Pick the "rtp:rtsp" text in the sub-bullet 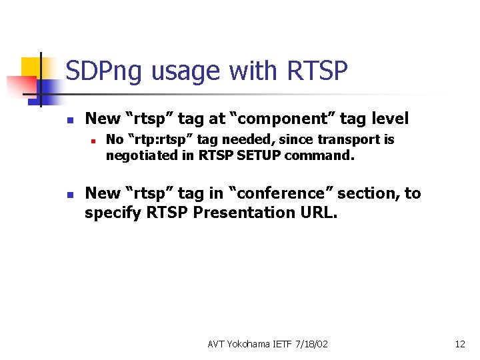[155, 140]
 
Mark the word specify [108, 213]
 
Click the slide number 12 [459, 344]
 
